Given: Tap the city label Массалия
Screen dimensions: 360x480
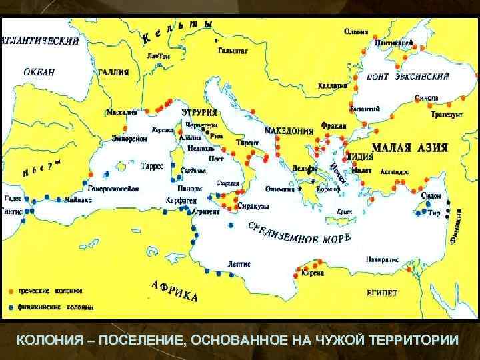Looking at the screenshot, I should [123, 112].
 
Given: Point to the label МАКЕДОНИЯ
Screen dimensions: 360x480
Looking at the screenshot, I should [289, 130].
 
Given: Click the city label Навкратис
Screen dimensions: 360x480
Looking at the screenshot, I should [381, 259].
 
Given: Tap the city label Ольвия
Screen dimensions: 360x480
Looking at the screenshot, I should [357, 31].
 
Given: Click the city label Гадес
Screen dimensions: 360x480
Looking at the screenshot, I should [13, 198].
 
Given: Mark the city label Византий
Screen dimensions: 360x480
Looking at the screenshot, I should [365, 108].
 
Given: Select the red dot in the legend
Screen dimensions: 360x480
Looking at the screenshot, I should [10, 291].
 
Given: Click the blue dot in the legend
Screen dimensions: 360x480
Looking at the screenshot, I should [10, 307].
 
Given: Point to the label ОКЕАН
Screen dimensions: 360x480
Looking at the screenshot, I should [39, 72].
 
